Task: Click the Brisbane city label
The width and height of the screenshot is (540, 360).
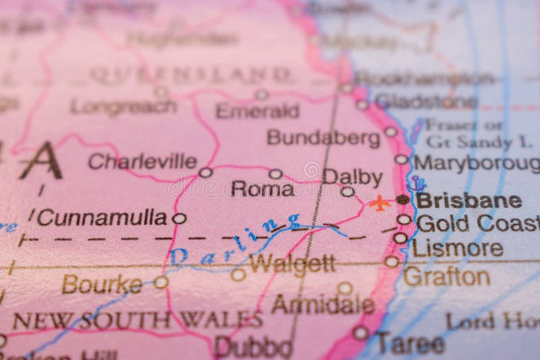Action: [468, 200]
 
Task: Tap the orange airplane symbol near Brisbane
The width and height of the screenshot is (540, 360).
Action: [381, 202]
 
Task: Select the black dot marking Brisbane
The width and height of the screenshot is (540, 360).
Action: [403, 199]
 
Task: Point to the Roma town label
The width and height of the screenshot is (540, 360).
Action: [263, 189]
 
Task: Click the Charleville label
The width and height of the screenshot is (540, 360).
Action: [142, 161]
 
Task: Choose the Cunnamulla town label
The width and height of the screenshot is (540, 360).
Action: [102, 217]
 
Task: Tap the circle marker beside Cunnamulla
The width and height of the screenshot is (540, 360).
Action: [179, 218]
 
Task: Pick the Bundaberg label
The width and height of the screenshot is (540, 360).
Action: [323, 138]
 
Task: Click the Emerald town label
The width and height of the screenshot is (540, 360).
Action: [257, 111]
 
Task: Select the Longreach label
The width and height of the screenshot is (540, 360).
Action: [124, 107]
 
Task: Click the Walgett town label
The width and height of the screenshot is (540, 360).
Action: [292, 264]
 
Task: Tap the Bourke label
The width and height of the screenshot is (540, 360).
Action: [102, 284]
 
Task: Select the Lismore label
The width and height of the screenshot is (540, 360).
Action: [458, 248]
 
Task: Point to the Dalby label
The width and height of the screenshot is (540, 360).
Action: [352, 176]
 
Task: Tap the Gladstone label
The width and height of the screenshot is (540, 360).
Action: [427, 101]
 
